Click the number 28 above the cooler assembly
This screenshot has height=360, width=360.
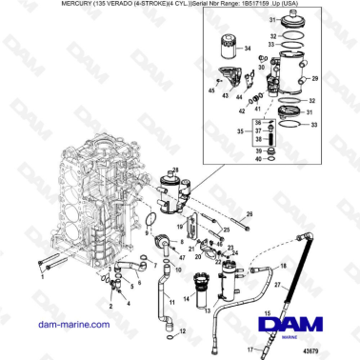(x=173, y=169)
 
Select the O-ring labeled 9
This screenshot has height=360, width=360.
(x=150, y=222)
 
